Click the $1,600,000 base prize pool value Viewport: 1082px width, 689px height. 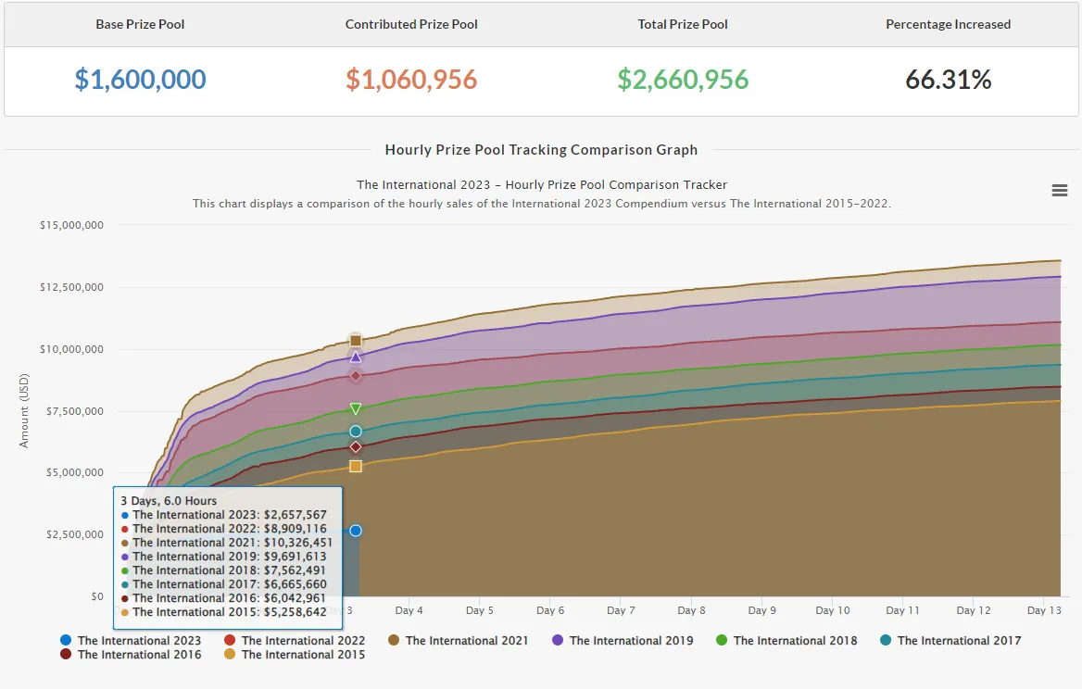tap(140, 80)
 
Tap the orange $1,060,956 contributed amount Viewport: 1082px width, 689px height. tap(411, 80)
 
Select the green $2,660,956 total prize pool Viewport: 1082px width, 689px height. tap(683, 80)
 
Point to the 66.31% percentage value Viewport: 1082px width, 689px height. tap(948, 80)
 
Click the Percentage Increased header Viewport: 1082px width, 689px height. tap(948, 24)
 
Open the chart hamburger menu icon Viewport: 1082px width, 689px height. tap(1060, 191)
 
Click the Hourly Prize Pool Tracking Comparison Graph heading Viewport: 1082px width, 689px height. tap(541, 150)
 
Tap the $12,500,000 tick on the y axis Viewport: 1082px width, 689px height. tap(71, 287)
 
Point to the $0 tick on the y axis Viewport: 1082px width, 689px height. tap(97, 596)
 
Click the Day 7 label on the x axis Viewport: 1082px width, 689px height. tap(621, 610)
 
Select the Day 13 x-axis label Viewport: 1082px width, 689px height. tap(1044, 610)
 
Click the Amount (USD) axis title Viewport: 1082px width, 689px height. tap(24, 411)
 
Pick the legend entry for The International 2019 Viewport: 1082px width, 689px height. tap(623, 641)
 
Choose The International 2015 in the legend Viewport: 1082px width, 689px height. tap(295, 655)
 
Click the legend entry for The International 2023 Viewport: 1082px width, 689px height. tap(132, 641)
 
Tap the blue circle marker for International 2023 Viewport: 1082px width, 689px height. tap(356, 531)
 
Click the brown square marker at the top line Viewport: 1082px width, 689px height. tap(356, 340)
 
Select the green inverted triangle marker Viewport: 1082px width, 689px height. tap(356, 409)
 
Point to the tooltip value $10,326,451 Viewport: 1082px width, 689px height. tap(298, 543)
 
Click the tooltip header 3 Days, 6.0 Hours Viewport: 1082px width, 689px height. tap(169, 501)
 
